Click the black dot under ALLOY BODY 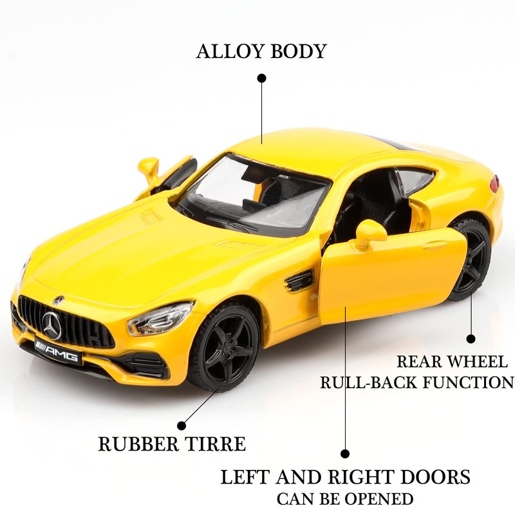coord(261,78)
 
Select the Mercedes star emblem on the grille coord(51,324)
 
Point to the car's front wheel coord(225,347)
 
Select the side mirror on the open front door coord(370,232)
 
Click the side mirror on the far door coord(149,169)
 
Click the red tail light coord(494,183)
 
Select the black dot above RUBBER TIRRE coord(182,426)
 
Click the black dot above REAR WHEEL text coord(471,338)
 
